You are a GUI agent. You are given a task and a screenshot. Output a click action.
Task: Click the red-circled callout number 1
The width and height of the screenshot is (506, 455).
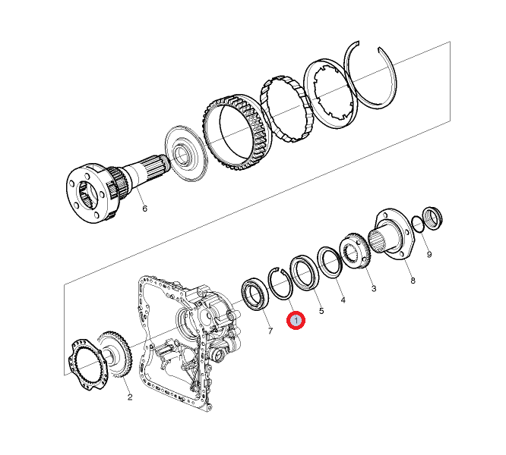296,321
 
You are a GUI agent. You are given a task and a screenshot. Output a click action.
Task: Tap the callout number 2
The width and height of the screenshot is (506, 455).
130,397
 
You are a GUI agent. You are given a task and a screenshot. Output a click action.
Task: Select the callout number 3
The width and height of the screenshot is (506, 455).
374,288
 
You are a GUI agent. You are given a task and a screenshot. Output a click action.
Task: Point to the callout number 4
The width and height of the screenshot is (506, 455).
343,300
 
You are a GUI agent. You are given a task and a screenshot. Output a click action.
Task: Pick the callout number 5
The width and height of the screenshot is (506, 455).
321,311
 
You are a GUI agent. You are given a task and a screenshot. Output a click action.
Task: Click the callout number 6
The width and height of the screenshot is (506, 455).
144,209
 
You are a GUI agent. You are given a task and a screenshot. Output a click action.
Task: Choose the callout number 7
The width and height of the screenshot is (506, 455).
270,331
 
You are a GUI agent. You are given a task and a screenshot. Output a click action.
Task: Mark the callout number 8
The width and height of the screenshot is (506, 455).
413,281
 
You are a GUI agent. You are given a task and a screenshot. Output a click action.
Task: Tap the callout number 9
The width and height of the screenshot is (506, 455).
429,255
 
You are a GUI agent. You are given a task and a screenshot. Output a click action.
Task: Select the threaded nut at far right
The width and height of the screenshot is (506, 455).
432,218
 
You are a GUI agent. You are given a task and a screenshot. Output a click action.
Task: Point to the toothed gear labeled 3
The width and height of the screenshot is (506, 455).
356,250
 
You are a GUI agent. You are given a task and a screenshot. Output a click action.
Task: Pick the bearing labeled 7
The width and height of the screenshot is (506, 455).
255,294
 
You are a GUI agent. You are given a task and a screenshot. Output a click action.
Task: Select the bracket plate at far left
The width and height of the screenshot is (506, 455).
87,364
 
